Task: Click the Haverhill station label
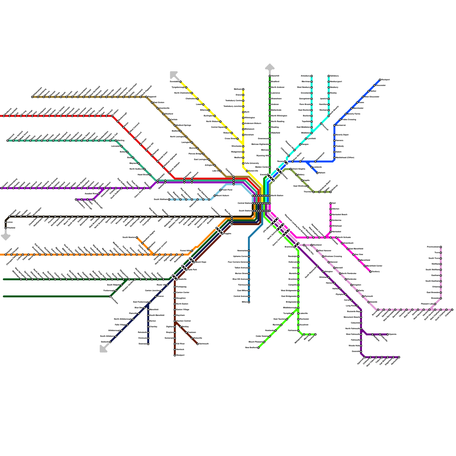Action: (275, 76)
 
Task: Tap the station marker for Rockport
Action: (380, 80)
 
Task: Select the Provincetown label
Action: (433, 247)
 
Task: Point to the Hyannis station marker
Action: (388, 334)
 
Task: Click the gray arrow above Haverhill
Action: (270, 67)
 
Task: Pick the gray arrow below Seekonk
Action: (104, 348)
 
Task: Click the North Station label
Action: (277, 196)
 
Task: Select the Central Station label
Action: (245, 203)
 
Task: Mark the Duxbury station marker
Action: (370, 272)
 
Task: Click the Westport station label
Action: (180, 355)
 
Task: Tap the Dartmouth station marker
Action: (198, 344)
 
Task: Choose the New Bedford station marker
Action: (258, 348)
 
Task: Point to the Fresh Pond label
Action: (227, 190)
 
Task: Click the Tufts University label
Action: (252, 163)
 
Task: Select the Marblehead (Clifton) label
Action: (345, 158)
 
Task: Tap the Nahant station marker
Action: (317, 173)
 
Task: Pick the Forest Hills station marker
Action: (192, 251)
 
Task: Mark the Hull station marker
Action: (331, 203)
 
